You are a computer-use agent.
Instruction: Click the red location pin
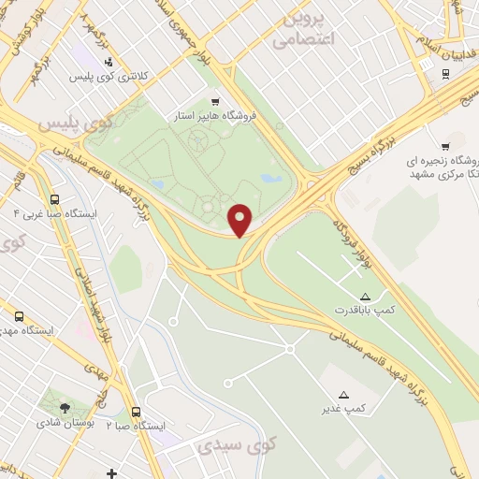[241, 219]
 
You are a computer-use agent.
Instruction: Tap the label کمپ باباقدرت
[365, 308]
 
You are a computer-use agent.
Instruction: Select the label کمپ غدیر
[344, 408]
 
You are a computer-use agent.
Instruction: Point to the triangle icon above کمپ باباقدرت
[365, 296]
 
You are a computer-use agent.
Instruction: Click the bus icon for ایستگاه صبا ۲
[137, 412]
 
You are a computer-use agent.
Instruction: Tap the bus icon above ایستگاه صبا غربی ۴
[55, 199]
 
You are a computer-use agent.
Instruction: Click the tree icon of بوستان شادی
[65, 408]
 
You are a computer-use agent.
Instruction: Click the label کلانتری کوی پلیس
[110, 76]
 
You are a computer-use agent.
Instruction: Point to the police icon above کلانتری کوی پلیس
[110, 63]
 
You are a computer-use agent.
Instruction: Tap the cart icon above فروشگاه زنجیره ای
[445, 146]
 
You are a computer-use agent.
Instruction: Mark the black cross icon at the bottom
[111, 474]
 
